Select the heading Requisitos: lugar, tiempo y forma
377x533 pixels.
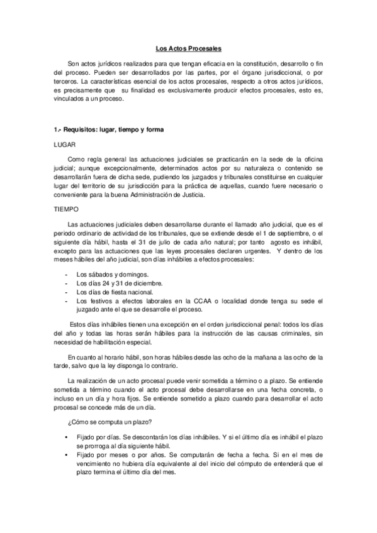coord(113,130)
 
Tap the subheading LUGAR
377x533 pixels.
coord(64,145)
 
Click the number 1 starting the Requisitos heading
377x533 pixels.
coord(56,130)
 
